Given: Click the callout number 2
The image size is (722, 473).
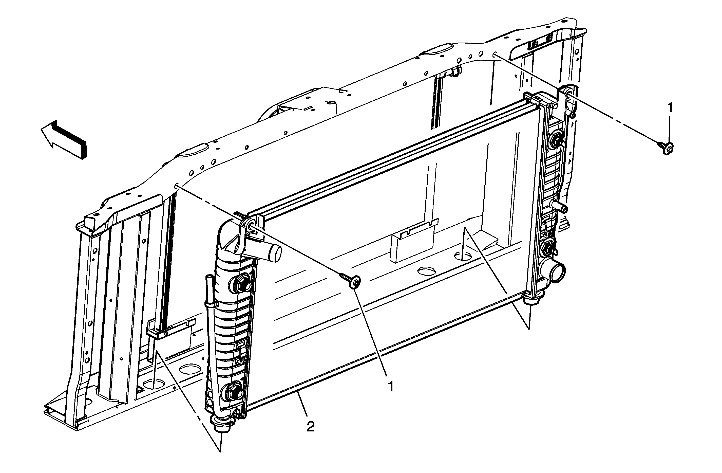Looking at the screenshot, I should (311, 427).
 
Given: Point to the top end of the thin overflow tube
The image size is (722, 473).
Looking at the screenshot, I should (209, 278).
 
